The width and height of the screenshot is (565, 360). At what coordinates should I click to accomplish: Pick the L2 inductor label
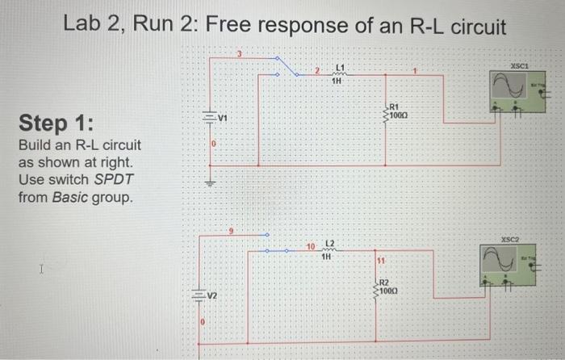click(328, 244)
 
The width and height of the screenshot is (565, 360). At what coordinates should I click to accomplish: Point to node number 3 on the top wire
click(239, 53)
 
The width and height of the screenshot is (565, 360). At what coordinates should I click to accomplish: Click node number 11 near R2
click(380, 260)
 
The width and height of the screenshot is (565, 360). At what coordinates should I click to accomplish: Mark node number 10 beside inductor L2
click(310, 245)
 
